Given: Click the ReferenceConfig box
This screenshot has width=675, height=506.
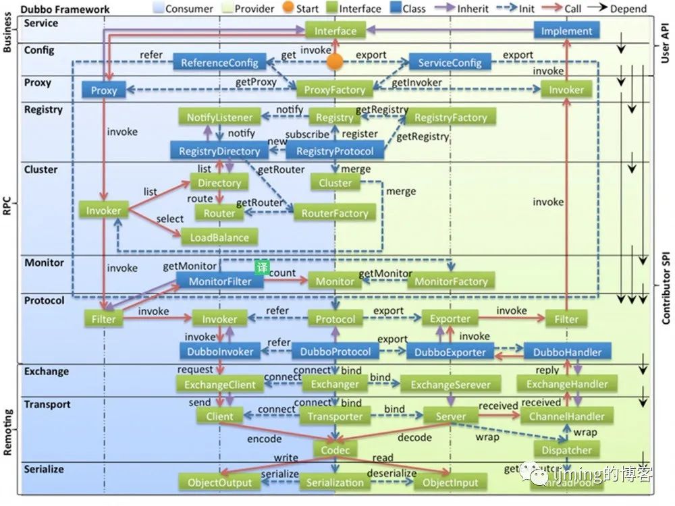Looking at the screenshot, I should pos(219,63).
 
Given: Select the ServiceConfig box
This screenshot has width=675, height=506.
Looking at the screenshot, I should pos(450,63).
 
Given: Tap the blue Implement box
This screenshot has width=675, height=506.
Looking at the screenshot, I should pos(566,30).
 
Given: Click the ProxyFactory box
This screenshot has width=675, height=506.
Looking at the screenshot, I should pos(335,90).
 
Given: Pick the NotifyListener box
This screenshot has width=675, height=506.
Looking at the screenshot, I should pos(219,117).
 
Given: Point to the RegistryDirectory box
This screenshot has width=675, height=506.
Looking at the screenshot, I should pos(219,151).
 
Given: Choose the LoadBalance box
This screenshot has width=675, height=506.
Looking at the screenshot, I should pos(219,237).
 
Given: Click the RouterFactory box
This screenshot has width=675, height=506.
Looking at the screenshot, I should pos(335,213).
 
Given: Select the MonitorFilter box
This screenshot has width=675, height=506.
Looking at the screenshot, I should pos(219,281).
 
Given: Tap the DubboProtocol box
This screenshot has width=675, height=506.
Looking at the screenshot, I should pos(335,352).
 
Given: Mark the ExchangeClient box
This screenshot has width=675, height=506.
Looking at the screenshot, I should pos(219,385).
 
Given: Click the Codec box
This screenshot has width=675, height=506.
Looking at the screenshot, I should pos(335,449).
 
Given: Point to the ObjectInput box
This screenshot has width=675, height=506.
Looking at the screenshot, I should pos(450,482).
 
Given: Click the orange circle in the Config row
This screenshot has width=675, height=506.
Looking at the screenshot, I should pos(335,62).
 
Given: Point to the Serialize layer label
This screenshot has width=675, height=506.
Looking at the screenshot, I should pos(44,468).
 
